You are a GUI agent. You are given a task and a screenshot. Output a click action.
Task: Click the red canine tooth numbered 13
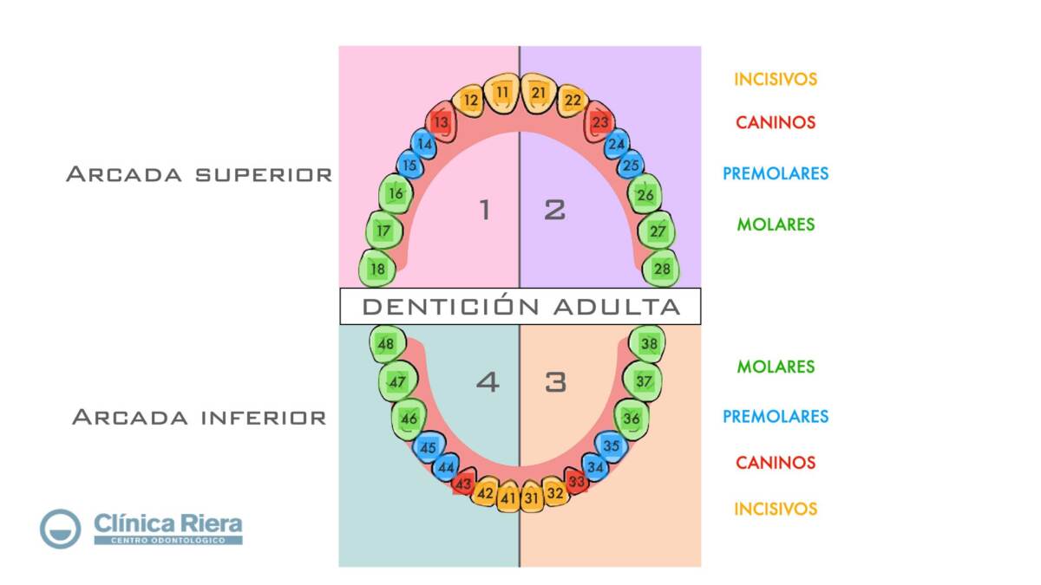coord(442,122)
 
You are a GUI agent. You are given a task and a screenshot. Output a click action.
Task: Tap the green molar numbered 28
coord(662,269)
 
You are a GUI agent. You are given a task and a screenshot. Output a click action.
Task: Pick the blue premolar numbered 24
coord(617,144)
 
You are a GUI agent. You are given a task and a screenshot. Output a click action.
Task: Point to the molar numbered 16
coord(396,194)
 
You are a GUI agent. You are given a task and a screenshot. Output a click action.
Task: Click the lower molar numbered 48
coord(386,344)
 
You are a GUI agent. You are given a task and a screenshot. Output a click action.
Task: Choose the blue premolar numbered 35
coord(612,445)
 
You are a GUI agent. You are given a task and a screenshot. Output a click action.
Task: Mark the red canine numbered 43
coord(464,484)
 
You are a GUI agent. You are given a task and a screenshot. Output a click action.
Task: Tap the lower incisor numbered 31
coord(531,497)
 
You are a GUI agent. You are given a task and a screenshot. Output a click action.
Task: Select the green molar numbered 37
coord(644,381)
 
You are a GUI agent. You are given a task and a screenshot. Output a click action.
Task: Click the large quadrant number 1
coord(484,210)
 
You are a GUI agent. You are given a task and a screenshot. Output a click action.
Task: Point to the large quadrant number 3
coord(555,381)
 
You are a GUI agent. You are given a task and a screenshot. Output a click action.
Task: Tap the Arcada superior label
coord(199,174)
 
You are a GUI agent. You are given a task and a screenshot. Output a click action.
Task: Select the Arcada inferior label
coord(199,418)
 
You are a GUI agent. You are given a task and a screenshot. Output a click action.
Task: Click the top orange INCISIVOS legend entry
coord(776,79)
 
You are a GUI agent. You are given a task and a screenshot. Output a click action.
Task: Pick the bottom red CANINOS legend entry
coord(776,463)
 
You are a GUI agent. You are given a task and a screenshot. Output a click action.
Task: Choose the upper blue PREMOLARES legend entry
coord(776,173)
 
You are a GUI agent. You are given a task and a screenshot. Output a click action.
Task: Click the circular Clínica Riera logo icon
coord(60,529)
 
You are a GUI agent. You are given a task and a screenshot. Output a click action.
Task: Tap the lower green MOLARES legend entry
coord(776,367)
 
